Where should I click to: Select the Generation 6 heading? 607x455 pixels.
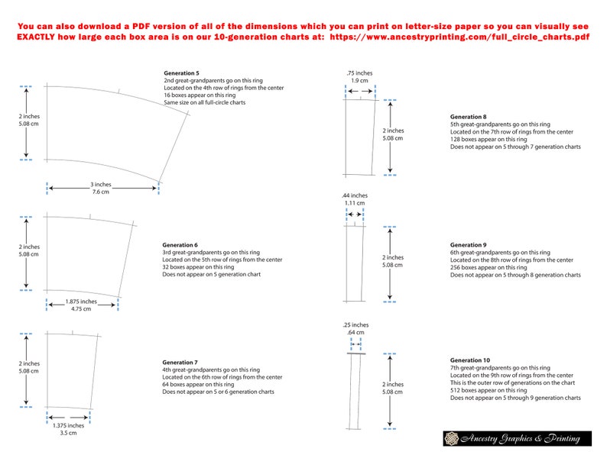pyautogui.click(x=181, y=245)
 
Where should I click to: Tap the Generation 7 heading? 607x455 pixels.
pyautogui.click(x=181, y=362)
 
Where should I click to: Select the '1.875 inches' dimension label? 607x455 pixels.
pyautogui.click(x=82, y=302)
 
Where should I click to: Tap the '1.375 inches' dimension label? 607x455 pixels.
pyautogui.click(x=69, y=425)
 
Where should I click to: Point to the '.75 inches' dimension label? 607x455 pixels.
pyautogui.click(x=359, y=73)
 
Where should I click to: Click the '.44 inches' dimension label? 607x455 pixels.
pyautogui.click(x=354, y=195)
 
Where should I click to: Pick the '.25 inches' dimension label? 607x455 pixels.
pyautogui.click(x=355, y=325)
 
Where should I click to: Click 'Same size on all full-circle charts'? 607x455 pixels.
pyautogui.click(x=204, y=102)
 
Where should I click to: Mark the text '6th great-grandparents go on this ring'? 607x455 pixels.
pyautogui.click(x=500, y=253)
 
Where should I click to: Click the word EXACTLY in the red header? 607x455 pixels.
pyautogui.click(x=42, y=36)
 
